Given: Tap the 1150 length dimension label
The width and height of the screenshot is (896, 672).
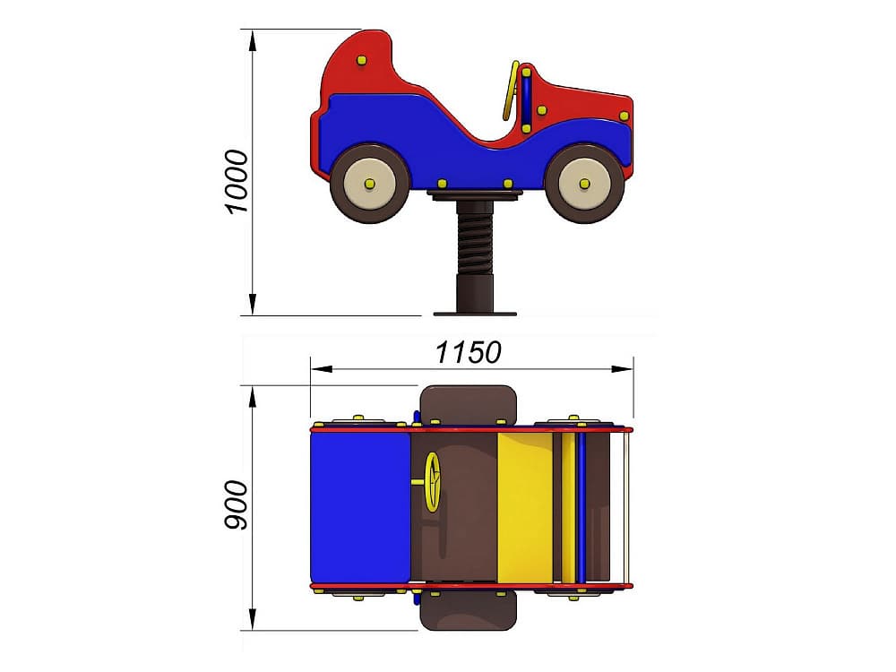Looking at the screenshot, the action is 469,352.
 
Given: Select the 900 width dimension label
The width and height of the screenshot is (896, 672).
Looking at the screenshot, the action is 236,505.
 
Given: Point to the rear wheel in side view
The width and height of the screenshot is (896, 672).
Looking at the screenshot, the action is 370,183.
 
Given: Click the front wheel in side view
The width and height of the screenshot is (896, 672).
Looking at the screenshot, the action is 584,183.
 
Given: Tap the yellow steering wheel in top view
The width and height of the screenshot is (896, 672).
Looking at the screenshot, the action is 432,483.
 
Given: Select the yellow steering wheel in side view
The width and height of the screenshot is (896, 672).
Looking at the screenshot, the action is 511,90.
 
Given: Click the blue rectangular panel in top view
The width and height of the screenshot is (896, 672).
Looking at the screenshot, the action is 360,508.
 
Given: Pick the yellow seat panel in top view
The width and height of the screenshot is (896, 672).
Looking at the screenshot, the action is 525,508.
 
